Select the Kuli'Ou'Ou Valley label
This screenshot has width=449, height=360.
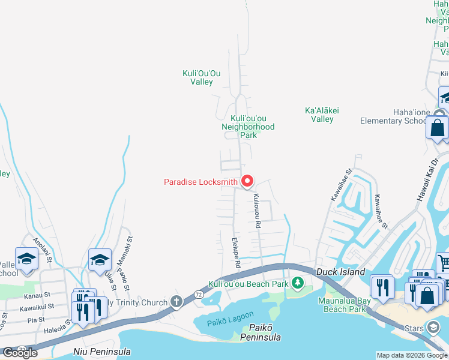(202, 77)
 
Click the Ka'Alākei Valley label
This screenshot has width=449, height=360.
(319, 115)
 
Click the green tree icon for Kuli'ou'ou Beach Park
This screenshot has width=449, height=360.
(297, 283)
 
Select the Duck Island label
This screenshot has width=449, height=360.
(340, 272)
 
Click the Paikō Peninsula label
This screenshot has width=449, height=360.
(261, 332)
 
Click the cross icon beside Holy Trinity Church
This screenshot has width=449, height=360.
(176, 301)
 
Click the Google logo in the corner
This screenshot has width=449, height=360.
(20, 353)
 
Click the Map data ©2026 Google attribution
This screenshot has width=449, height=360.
(412, 355)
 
